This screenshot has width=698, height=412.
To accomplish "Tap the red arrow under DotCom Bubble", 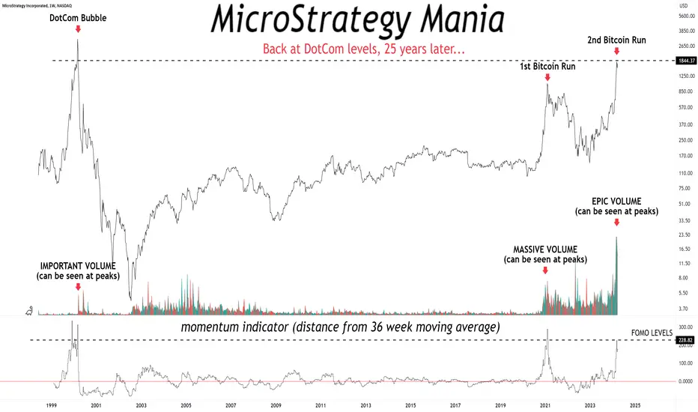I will (x=78, y=28).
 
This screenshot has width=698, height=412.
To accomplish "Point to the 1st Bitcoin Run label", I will (x=548, y=66).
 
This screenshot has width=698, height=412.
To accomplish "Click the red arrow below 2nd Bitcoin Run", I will (x=616, y=51).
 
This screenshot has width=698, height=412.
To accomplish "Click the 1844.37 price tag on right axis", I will (x=685, y=60).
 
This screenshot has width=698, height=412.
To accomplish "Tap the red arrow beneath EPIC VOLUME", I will (x=616, y=223).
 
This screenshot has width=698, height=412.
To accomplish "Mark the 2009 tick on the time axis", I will (x=276, y=405).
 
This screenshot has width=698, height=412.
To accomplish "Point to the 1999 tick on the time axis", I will (x=51, y=405).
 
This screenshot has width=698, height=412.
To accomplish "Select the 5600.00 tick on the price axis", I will (x=686, y=16).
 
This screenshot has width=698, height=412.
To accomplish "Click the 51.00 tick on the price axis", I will (x=683, y=204).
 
